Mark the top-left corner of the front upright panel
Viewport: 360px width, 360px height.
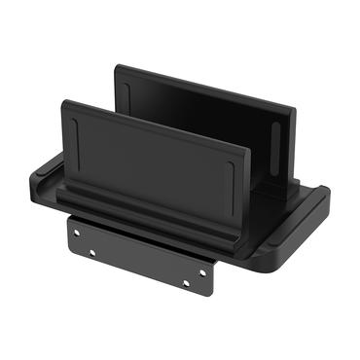(63, 101)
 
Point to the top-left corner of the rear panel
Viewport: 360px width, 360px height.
(117, 66)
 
